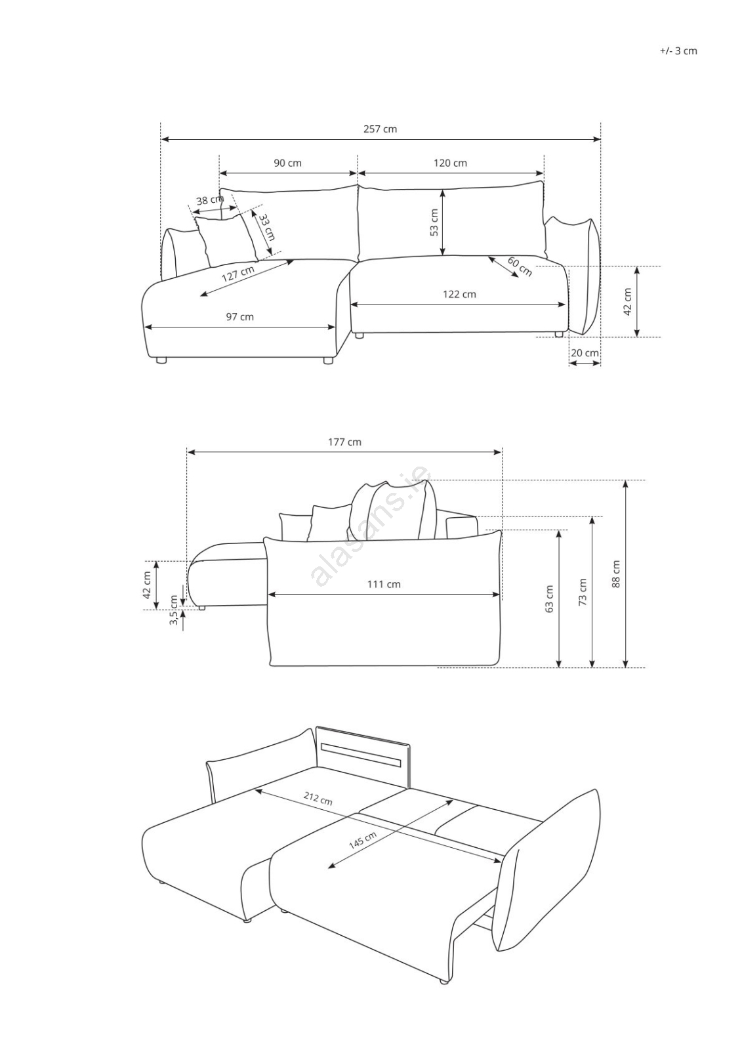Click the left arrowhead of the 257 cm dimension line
(164, 138)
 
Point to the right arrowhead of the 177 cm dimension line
(498, 452)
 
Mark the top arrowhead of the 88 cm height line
(625, 484)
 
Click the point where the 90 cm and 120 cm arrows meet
(358, 173)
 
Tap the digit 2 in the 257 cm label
(366, 129)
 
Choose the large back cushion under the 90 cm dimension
(288, 224)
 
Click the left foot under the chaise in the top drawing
(161, 360)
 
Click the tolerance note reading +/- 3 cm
(678, 51)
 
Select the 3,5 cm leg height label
(174, 610)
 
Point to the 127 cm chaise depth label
(238, 274)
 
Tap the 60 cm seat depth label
(520, 266)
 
